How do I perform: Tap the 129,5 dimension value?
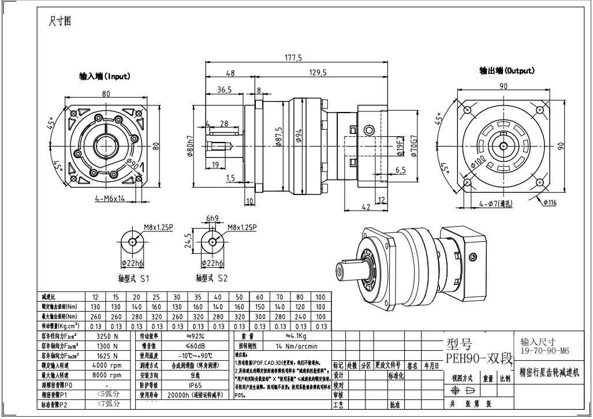click(x=318, y=72)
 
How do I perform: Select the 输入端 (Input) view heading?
click(x=105, y=76)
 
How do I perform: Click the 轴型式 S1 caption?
click(x=133, y=278)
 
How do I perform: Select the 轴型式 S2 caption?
click(x=211, y=278)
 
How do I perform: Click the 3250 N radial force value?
click(x=107, y=335)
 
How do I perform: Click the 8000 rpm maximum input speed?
click(x=107, y=375)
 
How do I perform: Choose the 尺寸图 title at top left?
click(x=59, y=21)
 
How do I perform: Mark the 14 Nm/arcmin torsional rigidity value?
click(x=297, y=346)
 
